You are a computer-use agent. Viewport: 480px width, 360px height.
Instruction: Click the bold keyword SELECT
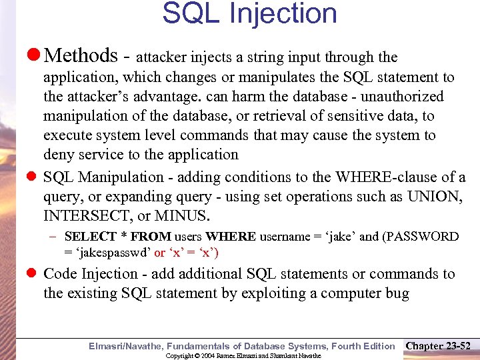(91, 237)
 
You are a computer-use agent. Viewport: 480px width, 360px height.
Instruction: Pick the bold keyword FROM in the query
(151, 237)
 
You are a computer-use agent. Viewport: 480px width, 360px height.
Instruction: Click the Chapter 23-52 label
(438, 345)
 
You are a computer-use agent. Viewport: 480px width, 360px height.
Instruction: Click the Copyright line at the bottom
(243, 355)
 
